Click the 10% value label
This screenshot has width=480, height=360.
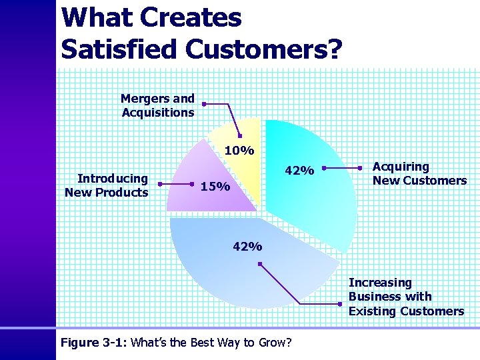pos(239,151)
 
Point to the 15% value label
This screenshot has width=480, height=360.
pos(215,186)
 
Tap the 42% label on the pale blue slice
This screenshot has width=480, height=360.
pos(247,247)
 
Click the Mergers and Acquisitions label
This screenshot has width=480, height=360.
pos(158,105)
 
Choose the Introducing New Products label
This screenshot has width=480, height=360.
pos(107,185)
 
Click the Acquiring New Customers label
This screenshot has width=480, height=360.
pos(419,173)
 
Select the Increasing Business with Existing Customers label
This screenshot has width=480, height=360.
pos(405,297)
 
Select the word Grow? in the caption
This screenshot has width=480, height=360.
pos(275,343)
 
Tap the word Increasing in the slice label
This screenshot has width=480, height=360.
pos(380,283)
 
